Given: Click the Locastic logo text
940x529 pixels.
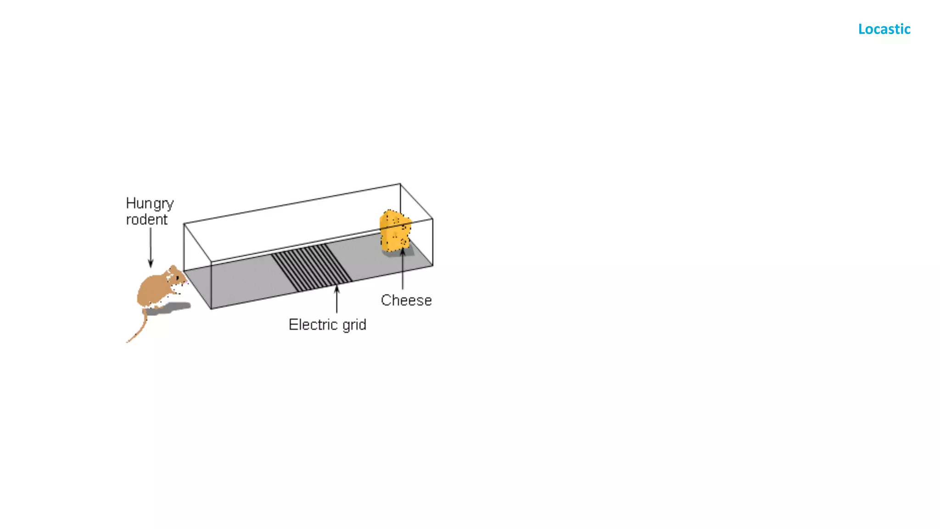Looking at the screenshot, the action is [x=884, y=29].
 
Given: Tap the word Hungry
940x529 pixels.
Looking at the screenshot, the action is [x=150, y=203].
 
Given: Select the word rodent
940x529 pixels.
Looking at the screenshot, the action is [x=146, y=219].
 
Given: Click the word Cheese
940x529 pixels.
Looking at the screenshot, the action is [x=406, y=300].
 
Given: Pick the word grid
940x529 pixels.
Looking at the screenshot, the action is [x=354, y=325].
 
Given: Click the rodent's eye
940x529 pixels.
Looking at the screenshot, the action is [x=178, y=277].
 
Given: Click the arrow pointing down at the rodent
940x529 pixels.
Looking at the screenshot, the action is [x=151, y=248].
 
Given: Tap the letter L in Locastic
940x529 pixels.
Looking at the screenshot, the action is [x=862, y=29].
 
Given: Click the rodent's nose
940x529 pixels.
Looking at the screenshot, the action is [x=186, y=281].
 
